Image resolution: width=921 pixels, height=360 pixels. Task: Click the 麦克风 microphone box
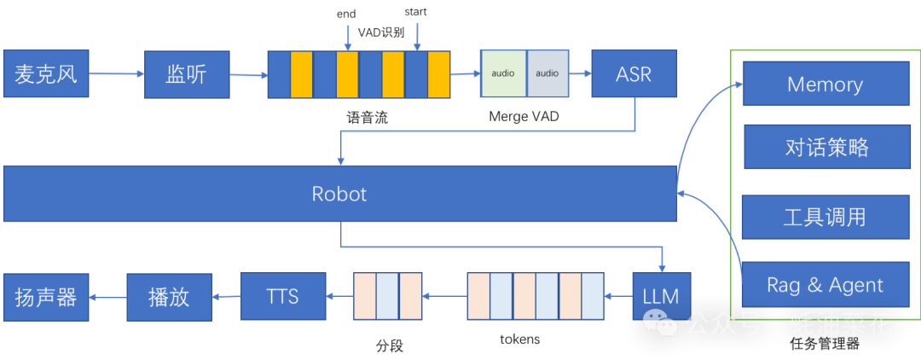[46, 74]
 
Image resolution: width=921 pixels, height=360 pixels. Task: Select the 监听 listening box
[186, 74]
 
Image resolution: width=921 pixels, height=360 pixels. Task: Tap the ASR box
[634, 74]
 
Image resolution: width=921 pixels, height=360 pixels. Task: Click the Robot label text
[339, 194]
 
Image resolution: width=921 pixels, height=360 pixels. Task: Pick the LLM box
[661, 296]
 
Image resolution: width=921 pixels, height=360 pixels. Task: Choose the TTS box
[282, 296]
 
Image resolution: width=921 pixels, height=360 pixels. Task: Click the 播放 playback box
[168, 297]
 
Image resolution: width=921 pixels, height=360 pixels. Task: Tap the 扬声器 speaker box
[46, 297]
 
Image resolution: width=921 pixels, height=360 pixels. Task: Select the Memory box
[825, 84]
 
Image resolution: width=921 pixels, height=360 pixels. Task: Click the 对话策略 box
[825, 147]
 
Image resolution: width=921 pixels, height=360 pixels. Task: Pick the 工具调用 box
[825, 217]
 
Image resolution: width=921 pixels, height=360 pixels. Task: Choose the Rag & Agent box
[825, 285]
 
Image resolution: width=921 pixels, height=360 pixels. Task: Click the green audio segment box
[503, 73]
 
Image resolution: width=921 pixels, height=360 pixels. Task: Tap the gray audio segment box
[547, 73]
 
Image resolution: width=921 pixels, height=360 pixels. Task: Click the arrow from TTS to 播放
[226, 297]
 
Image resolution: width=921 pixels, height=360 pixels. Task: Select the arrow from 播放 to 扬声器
[107, 297]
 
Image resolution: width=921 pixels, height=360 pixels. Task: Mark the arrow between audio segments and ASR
[581, 73]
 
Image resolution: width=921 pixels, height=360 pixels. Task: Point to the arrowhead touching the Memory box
[739, 84]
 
